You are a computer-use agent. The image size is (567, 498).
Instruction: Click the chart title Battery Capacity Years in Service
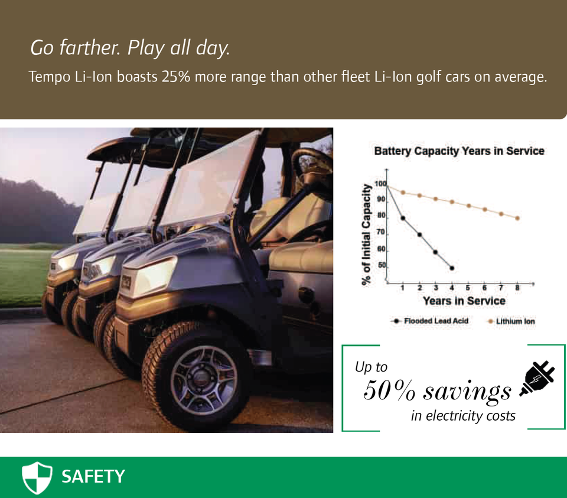[x=460, y=151]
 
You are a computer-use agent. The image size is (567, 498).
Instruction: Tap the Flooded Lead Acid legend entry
[x=429, y=321]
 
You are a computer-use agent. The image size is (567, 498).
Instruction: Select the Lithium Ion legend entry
[x=511, y=321]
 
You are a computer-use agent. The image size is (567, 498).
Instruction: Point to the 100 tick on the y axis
[x=380, y=184]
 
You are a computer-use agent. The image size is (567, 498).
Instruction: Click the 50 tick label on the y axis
[x=382, y=265]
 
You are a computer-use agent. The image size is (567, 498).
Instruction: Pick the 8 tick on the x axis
[x=517, y=288]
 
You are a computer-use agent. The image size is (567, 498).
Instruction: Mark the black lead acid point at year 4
[x=452, y=268]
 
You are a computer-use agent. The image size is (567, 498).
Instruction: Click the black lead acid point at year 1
[x=403, y=218]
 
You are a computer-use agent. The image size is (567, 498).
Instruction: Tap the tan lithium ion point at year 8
[x=517, y=218]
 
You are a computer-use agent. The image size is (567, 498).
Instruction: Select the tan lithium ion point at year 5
[x=468, y=206]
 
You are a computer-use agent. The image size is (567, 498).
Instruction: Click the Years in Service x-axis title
[x=464, y=301]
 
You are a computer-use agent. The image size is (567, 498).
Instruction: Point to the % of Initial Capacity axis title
[x=367, y=235]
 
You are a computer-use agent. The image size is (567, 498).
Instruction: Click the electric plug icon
[x=537, y=378]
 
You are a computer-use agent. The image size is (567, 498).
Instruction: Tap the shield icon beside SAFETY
[x=37, y=477]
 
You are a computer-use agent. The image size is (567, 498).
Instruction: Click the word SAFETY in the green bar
[x=93, y=476]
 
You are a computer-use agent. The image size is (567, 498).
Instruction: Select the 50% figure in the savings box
[x=389, y=390]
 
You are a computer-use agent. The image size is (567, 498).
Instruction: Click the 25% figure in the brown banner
[x=176, y=77]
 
